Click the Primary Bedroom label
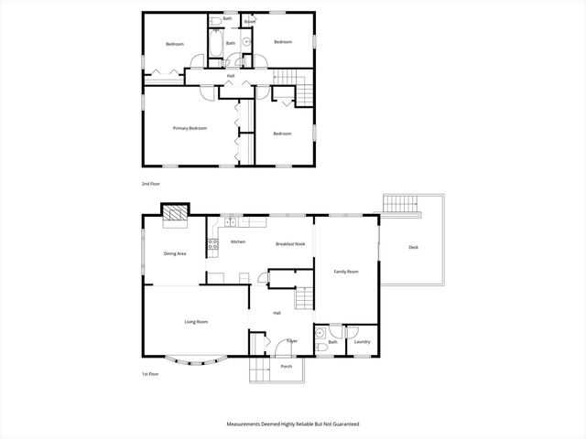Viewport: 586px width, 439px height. point(190,128)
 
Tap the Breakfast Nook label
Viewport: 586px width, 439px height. point(290,243)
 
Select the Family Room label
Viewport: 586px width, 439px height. point(345,272)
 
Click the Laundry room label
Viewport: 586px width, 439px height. point(362,342)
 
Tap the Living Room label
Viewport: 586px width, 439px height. point(196,322)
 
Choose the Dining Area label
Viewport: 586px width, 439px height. point(175,253)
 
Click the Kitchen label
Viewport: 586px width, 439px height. point(238,242)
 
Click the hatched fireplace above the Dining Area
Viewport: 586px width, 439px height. point(174,215)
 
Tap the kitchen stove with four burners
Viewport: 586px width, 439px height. point(212,244)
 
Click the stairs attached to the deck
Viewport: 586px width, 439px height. point(400,203)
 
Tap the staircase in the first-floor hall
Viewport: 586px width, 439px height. point(303,298)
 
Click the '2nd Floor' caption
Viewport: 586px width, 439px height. point(151,184)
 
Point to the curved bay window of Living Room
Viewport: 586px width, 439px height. point(196,362)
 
